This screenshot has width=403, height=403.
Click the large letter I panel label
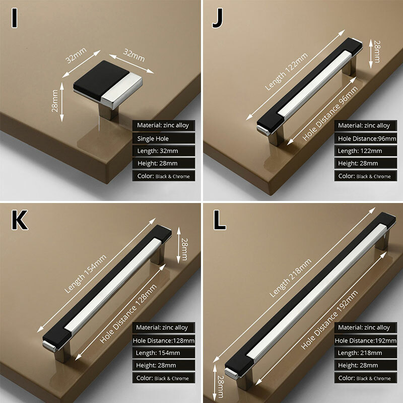(x=15, y=20)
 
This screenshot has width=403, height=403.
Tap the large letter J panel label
(x=217, y=20)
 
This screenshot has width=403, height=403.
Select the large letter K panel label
(x=19, y=221)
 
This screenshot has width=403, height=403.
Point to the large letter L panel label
(x=219, y=221)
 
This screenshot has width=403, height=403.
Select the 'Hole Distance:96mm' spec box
(x=365, y=138)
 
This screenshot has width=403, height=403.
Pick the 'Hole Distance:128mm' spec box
(x=164, y=341)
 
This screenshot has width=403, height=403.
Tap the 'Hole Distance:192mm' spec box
(x=365, y=341)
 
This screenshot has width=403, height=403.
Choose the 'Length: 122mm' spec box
(x=365, y=151)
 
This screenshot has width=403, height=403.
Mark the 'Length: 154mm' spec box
(x=164, y=353)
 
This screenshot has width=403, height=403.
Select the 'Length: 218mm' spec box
(x=365, y=353)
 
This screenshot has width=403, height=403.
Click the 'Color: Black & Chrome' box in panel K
(x=164, y=378)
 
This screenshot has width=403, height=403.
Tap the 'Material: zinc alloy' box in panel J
(x=365, y=125)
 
